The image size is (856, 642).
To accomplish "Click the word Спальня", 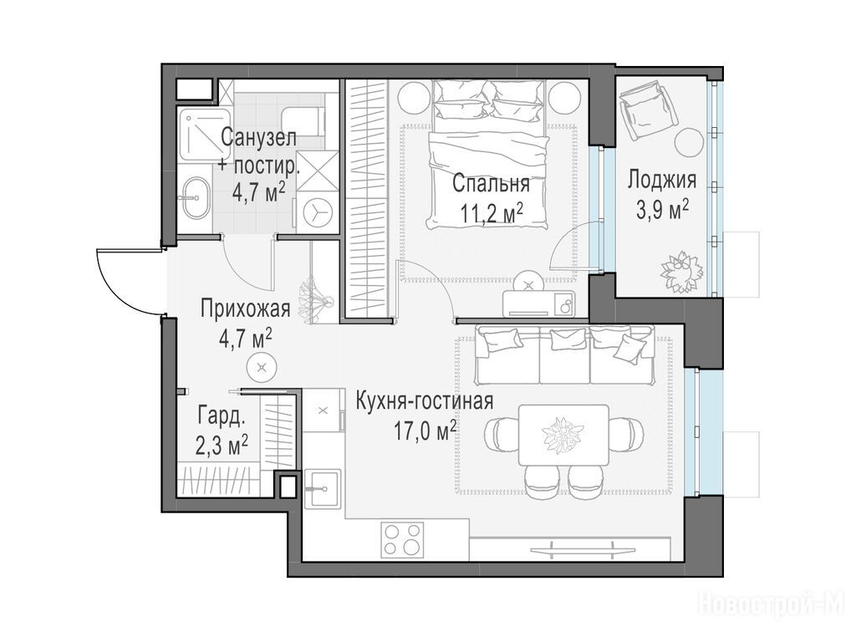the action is pyautogui.click(x=491, y=185).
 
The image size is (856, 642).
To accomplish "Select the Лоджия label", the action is pyautogui.click(x=662, y=180).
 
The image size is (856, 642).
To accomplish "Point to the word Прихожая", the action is pyautogui.click(x=245, y=309).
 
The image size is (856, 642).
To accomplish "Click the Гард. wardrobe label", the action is pyautogui.click(x=222, y=418).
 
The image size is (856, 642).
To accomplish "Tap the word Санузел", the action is pyautogui.click(x=259, y=138).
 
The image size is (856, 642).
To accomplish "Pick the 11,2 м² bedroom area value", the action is pyautogui.click(x=492, y=213).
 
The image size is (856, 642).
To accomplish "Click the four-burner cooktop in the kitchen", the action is pyautogui.click(x=403, y=539).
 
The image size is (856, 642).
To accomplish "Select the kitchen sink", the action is pyautogui.click(x=324, y=488).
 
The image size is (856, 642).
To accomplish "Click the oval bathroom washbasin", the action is pyautogui.click(x=194, y=197).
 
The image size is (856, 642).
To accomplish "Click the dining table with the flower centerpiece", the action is pyautogui.click(x=563, y=435).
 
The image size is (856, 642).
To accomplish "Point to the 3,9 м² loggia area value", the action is pyautogui.click(x=662, y=209).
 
